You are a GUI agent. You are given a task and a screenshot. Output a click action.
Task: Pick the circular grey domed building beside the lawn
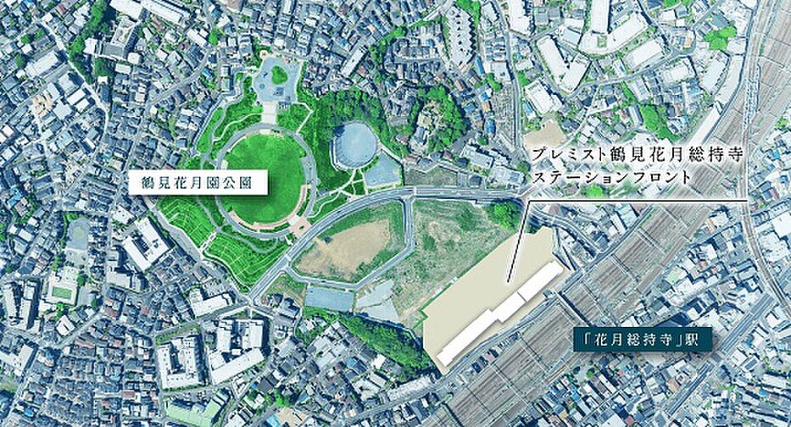coord(354,146)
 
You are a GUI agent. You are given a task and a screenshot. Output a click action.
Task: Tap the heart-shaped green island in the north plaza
coord(279,75)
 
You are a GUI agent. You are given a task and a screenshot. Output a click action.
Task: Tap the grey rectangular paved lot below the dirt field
coord(329,297)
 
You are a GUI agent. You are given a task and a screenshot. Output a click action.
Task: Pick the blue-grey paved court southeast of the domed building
coord(382,174)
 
